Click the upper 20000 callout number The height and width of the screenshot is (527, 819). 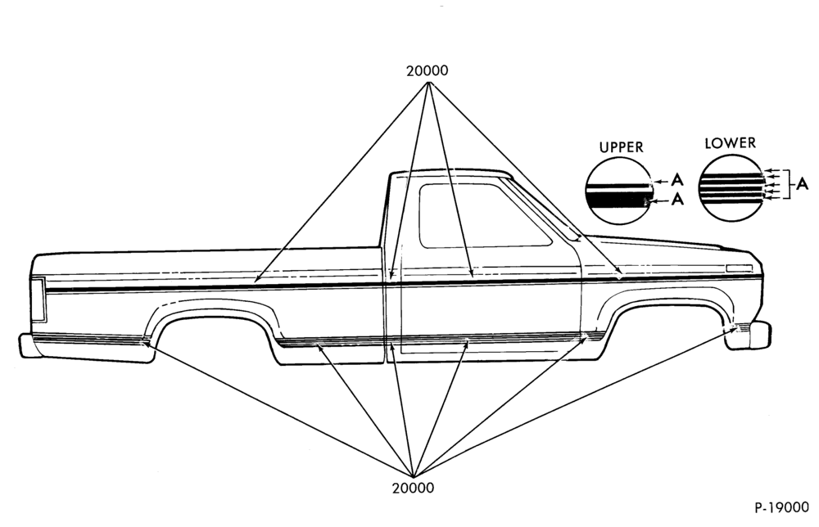pyautogui.click(x=428, y=71)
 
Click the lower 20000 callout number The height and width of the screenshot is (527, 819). pyautogui.click(x=413, y=488)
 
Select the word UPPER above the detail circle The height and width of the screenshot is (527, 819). pyautogui.click(x=621, y=147)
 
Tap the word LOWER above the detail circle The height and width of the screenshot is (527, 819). pyautogui.click(x=730, y=143)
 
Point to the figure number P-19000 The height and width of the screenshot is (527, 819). pyautogui.click(x=781, y=507)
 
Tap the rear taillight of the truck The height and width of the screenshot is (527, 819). pyautogui.click(x=38, y=299)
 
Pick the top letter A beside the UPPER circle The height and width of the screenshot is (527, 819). pyautogui.click(x=677, y=181)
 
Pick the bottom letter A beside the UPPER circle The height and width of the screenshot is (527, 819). pyautogui.click(x=677, y=199)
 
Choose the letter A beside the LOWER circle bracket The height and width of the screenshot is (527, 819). pyautogui.click(x=803, y=184)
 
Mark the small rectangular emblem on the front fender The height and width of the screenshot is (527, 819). pyautogui.click(x=739, y=268)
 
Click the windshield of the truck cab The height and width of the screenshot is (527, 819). pyautogui.click(x=543, y=209)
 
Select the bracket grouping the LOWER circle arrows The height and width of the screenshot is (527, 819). pyautogui.click(x=791, y=184)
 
